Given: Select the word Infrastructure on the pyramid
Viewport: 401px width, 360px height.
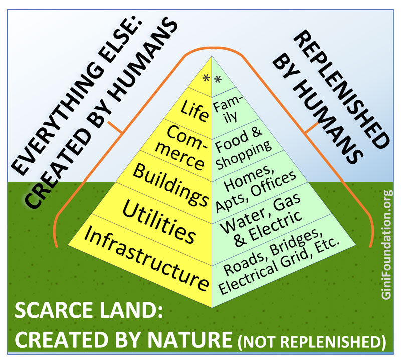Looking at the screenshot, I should click(x=145, y=259).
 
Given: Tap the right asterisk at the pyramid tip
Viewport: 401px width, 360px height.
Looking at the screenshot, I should click(x=217, y=79).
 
